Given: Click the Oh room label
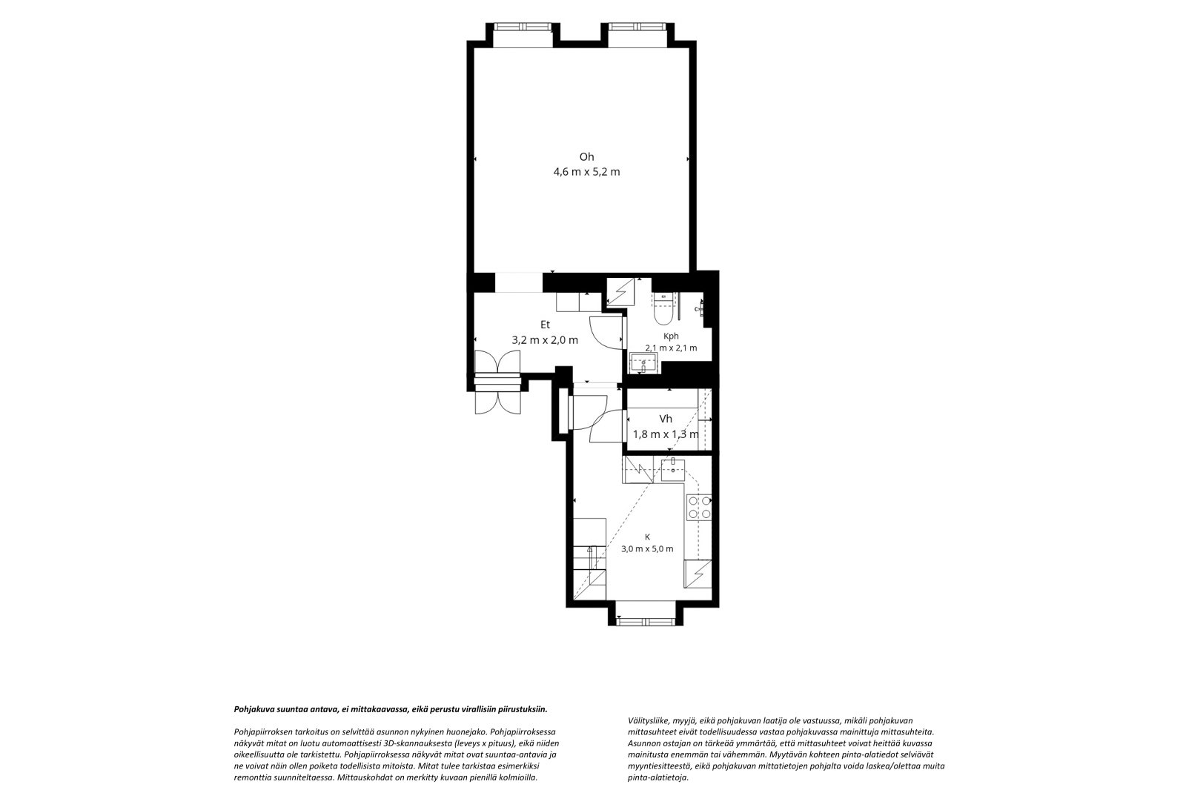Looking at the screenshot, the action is point(586,156).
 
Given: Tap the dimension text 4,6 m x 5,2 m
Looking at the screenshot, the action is point(586,172).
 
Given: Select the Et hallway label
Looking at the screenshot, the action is point(545,325).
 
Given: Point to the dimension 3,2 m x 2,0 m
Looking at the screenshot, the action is point(545,340).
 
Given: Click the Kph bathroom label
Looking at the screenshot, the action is point(671,336).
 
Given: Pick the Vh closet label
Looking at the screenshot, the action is point(666,419).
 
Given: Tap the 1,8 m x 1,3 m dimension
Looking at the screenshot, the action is point(666,434).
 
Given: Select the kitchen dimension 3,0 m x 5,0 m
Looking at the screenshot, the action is point(647,549).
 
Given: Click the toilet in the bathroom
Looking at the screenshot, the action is point(663,309).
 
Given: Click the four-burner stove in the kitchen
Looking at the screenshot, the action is point(700,507).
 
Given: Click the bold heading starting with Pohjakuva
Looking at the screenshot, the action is point(391,709).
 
